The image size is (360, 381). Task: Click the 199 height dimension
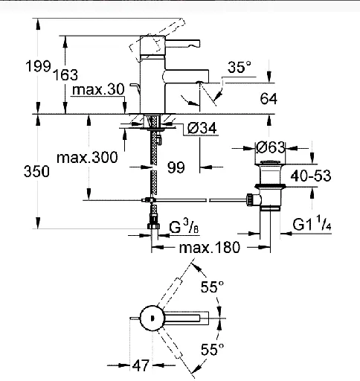(x=38, y=66)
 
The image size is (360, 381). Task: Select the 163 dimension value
(x=65, y=74)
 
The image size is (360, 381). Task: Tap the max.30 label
(x=98, y=89)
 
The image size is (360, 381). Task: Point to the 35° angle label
(x=240, y=67)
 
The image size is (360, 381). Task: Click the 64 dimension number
(x=269, y=98)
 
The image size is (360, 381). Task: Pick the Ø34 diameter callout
(x=202, y=128)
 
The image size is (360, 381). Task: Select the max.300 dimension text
(x=87, y=158)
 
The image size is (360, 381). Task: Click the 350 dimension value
(x=36, y=171)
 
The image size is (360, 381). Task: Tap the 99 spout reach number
(x=176, y=167)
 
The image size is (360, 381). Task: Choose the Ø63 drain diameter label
(x=270, y=147)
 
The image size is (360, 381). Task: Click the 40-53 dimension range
(x=311, y=176)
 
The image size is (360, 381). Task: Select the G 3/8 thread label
(x=184, y=227)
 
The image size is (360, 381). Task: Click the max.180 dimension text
(x=210, y=247)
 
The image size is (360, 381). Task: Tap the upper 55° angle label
(x=212, y=287)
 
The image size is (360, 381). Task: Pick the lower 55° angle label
(x=212, y=349)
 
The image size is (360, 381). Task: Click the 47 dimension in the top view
(x=141, y=365)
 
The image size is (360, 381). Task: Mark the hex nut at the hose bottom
(x=153, y=226)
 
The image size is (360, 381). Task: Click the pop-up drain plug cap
(x=270, y=162)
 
